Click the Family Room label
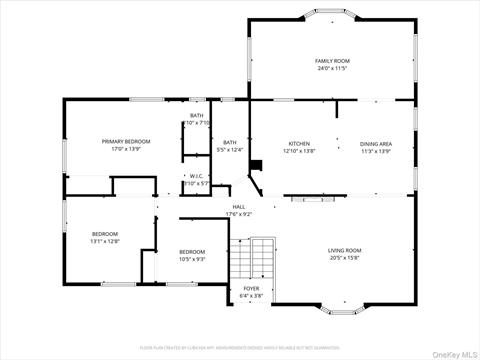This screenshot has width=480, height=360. click(x=331, y=61)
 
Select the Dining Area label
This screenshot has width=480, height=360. click(x=376, y=143)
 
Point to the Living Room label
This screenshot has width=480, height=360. click(x=345, y=250)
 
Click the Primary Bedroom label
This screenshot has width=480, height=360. click(x=126, y=141)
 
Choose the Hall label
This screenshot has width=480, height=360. click(x=239, y=206)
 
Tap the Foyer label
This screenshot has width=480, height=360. click(x=250, y=289)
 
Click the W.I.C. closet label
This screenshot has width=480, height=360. click(x=197, y=176)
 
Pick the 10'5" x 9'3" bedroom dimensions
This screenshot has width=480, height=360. click(x=192, y=258)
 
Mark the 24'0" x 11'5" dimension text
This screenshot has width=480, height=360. click(x=331, y=69)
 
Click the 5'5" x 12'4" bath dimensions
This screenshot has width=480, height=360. click(x=230, y=150)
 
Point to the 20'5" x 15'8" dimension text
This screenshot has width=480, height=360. click(x=345, y=257)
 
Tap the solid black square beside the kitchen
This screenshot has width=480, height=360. click(x=255, y=166)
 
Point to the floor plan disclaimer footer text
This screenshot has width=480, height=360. click(x=240, y=347)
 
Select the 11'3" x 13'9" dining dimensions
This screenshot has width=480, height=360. click(x=376, y=150)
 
